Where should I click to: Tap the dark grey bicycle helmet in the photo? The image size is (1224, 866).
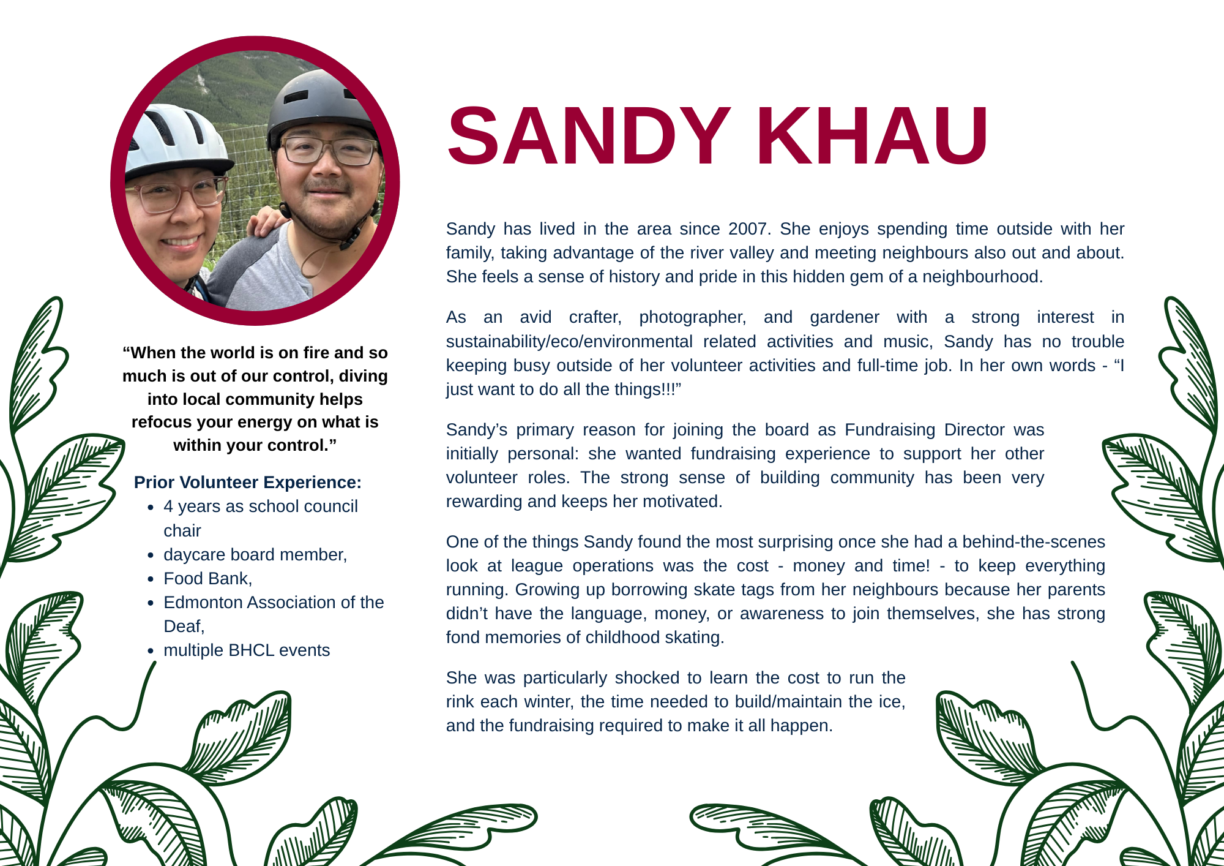point(321,104)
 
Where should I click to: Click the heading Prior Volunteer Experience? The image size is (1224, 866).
point(247,483)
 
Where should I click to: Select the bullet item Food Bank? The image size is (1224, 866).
point(207,579)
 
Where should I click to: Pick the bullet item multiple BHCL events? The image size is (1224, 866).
point(247,650)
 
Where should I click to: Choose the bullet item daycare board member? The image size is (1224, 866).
point(255,555)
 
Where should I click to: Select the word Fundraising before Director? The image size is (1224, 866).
point(890,430)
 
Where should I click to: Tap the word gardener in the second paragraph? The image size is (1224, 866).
point(844,317)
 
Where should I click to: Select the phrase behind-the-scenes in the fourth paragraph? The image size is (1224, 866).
point(1034,542)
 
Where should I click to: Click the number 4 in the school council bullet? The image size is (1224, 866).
point(168,507)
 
